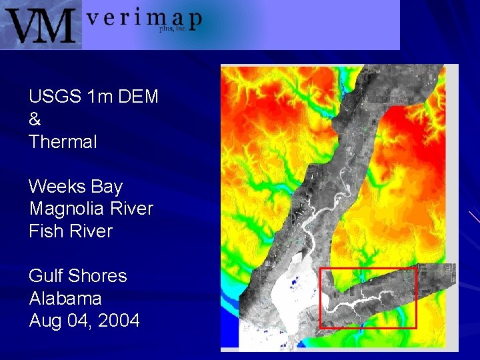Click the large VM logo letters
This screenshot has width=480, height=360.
(41, 25)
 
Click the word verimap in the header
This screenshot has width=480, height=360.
(143, 18)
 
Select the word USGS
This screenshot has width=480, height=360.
(55, 97)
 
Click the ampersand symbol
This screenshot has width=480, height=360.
(35, 119)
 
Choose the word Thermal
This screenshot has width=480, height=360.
(63, 142)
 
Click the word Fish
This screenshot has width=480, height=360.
(46, 231)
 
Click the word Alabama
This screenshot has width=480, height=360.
(65, 298)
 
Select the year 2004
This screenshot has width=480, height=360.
(119, 321)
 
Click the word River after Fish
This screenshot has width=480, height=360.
(91, 231)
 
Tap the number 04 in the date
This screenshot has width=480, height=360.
(79, 321)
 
